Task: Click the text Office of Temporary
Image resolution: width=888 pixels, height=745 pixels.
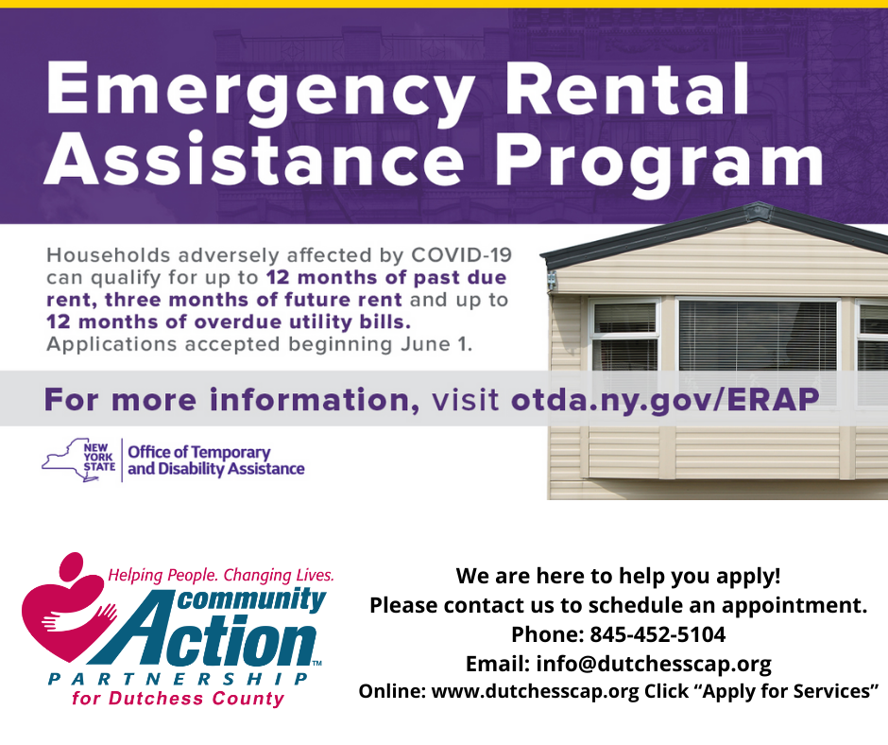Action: pos(199,453)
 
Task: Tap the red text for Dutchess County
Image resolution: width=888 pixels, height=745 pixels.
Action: pos(178,700)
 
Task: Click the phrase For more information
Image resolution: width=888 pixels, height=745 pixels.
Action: pos(232,399)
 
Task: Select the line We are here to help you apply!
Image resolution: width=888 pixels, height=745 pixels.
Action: pos(619,576)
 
